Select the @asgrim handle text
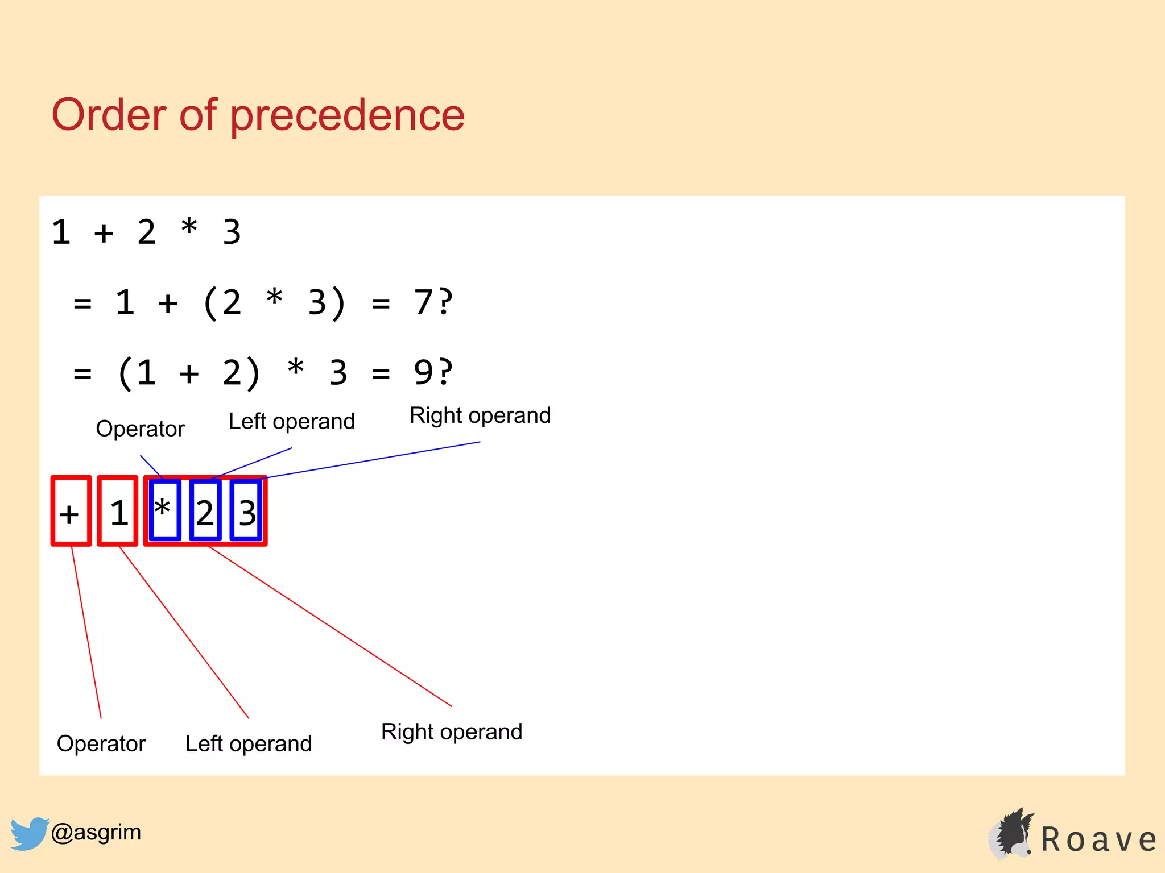[96, 832]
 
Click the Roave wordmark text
[1098, 840]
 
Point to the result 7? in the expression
[433, 302]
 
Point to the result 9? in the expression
[433, 372]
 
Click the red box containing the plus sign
[71, 511]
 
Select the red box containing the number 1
[118, 511]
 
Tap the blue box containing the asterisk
[165, 510]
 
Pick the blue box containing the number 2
[205, 510]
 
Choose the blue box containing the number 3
[246, 510]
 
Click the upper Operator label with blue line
[140, 429]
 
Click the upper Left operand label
[291, 422]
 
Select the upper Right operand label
[480, 415]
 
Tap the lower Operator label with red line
[101, 743]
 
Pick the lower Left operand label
[249, 743]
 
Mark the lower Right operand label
[451, 731]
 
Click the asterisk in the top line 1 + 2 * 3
[189, 227]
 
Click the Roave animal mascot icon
[1011, 834]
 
